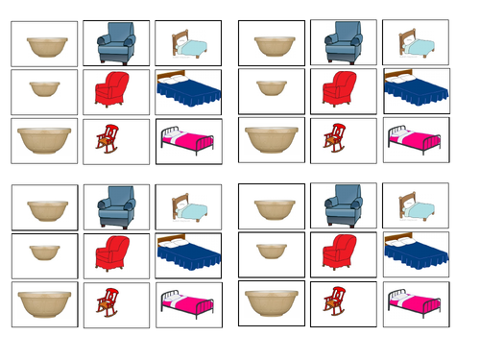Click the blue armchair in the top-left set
tap(116, 44)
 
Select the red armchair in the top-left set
tap(112, 89)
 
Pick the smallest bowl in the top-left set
tap(44, 89)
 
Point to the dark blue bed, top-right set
tap(412, 88)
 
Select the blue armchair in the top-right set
tap(343, 44)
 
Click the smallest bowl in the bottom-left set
tap(44, 253)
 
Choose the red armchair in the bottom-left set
tap(112, 253)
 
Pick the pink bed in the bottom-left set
tap(188, 304)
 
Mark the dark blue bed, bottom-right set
tap(412, 253)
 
